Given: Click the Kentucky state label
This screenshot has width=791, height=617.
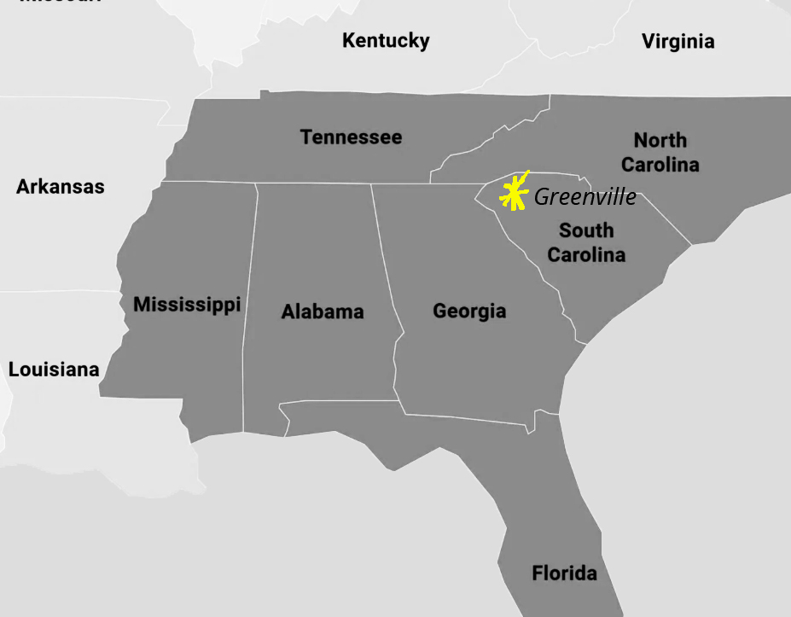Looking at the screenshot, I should point(386,40).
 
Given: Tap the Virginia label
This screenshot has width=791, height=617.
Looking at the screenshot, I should point(678,41).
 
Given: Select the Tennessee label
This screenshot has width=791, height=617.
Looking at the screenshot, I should point(351,137).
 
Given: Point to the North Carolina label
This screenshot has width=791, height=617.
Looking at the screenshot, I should point(660,152).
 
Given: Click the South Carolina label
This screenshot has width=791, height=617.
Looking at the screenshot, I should point(586,242).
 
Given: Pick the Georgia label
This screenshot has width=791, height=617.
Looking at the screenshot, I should point(469,311).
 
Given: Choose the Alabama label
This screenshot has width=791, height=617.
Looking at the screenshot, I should point(323,311).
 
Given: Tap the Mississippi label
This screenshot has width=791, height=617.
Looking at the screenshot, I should point(187,304).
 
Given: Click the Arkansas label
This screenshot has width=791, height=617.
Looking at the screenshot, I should point(61,186).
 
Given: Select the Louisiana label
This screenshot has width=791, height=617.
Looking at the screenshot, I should point(54,370).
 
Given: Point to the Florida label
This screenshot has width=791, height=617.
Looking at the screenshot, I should point(564,573).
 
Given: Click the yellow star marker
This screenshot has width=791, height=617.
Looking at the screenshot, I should point(513,194).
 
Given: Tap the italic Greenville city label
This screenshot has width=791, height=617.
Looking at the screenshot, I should point(585,197).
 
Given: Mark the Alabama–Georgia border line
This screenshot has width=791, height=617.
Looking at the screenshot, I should point(386,256).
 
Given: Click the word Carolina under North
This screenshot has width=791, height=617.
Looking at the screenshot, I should point(660,164).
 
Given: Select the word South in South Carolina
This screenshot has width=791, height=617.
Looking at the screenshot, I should point(586,230).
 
